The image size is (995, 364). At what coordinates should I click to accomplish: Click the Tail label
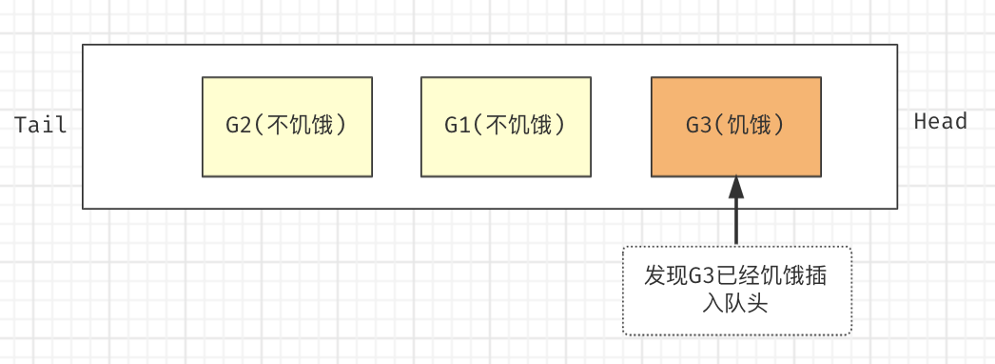(x=41, y=126)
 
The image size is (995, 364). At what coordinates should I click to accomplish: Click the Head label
(x=940, y=121)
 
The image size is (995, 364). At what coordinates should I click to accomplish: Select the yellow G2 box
(x=286, y=127)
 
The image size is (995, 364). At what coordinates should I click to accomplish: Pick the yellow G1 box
(x=505, y=127)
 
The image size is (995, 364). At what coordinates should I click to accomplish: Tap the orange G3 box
(x=735, y=127)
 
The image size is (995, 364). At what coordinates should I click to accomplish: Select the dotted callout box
(x=736, y=291)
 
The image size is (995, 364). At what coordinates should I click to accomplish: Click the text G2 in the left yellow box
(x=238, y=126)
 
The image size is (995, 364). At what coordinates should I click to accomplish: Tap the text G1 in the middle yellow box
(x=457, y=126)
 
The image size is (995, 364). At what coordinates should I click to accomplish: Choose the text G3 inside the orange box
(x=698, y=126)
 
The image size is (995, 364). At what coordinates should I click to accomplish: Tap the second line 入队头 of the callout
(x=736, y=304)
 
